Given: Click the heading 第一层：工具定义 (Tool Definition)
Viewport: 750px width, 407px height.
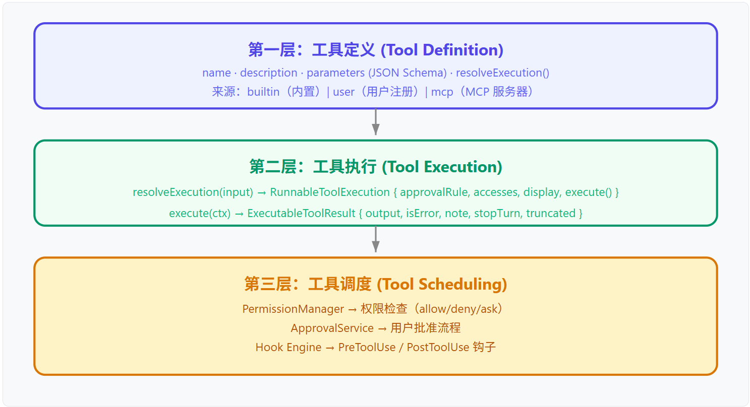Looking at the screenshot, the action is (x=376, y=50).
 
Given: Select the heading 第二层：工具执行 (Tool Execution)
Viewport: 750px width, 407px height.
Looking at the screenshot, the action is (x=376, y=167).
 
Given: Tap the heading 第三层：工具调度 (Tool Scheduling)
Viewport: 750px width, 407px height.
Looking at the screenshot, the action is (x=376, y=284).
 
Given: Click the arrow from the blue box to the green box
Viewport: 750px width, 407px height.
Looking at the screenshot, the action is (x=376, y=122).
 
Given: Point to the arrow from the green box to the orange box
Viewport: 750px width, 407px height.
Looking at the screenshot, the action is (x=376, y=239).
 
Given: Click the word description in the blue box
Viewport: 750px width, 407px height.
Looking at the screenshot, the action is (x=268, y=73).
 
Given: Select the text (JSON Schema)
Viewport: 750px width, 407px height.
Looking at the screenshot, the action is (x=408, y=73).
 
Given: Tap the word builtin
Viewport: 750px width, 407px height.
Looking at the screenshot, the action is (x=263, y=92).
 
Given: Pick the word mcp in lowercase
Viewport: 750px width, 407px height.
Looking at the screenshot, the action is (x=442, y=92).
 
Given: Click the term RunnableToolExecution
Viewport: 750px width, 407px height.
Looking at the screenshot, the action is (x=330, y=192).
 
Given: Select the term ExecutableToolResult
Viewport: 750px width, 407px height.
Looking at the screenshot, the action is (x=301, y=214).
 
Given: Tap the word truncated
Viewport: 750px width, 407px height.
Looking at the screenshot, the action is (x=551, y=214).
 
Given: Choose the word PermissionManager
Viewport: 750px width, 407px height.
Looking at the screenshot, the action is (x=293, y=309).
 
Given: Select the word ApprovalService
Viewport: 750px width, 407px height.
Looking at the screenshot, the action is (x=332, y=328).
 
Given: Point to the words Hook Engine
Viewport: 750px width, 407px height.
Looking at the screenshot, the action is (x=289, y=347).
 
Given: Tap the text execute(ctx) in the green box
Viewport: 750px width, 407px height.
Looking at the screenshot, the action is (x=200, y=214).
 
